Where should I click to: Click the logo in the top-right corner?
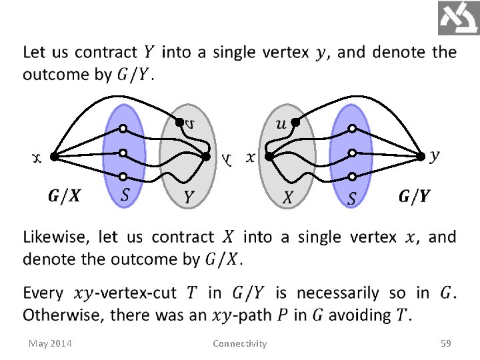pyautogui.click(x=458, y=18)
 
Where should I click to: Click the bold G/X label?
pyautogui.click(x=65, y=196)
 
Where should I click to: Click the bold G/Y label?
pyautogui.click(x=414, y=196)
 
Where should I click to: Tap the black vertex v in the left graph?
pyautogui.click(x=178, y=121)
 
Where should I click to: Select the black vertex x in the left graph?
pyautogui.click(x=53, y=157)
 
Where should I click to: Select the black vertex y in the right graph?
pyautogui.click(x=421, y=157)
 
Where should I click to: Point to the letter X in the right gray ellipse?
pyautogui.click(x=288, y=197)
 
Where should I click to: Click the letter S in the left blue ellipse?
pyautogui.click(x=125, y=195)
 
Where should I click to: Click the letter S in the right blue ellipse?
pyautogui.click(x=352, y=197)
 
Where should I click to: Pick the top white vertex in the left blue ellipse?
pyautogui.click(x=123, y=129)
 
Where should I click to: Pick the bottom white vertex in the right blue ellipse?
pyautogui.click(x=351, y=177)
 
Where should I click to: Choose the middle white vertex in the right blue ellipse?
pyautogui.click(x=351, y=153)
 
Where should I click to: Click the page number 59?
pyautogui.click(x=445, y=343)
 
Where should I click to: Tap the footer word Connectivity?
pyautogui.click(x=239, y=343)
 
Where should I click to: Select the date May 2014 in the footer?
pyautogui.click(x=51, y=343)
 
